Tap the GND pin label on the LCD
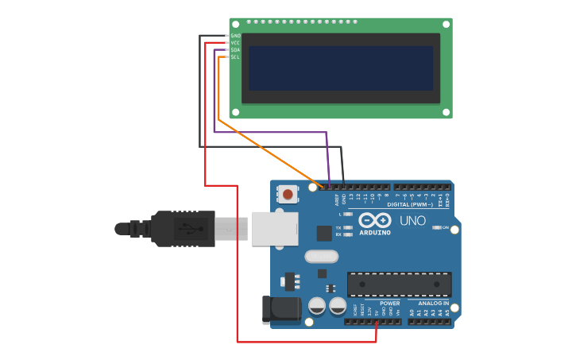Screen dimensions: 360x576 [235, 36]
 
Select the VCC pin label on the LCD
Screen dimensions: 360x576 [235, 43]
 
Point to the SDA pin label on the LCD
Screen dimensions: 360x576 [235, 50]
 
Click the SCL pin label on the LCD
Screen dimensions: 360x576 [235, 57]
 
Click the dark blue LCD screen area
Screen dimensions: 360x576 [341, 68]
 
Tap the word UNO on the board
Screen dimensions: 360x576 [412, 221]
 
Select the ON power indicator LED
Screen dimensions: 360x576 [436, 227]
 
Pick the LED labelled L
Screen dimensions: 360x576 [348, 215]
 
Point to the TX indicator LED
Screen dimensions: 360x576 [348, 228]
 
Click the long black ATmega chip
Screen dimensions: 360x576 [399, 284]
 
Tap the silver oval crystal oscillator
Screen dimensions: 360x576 [321, 257]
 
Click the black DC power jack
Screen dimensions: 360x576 [280, 310]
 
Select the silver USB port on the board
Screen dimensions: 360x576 [275, 228]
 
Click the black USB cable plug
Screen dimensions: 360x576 [184, 229]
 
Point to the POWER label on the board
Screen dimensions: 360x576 [389, 304]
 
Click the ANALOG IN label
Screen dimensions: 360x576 [434, 304]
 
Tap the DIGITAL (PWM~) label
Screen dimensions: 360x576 [410, 204]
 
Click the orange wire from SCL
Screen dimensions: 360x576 [270, 156]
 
